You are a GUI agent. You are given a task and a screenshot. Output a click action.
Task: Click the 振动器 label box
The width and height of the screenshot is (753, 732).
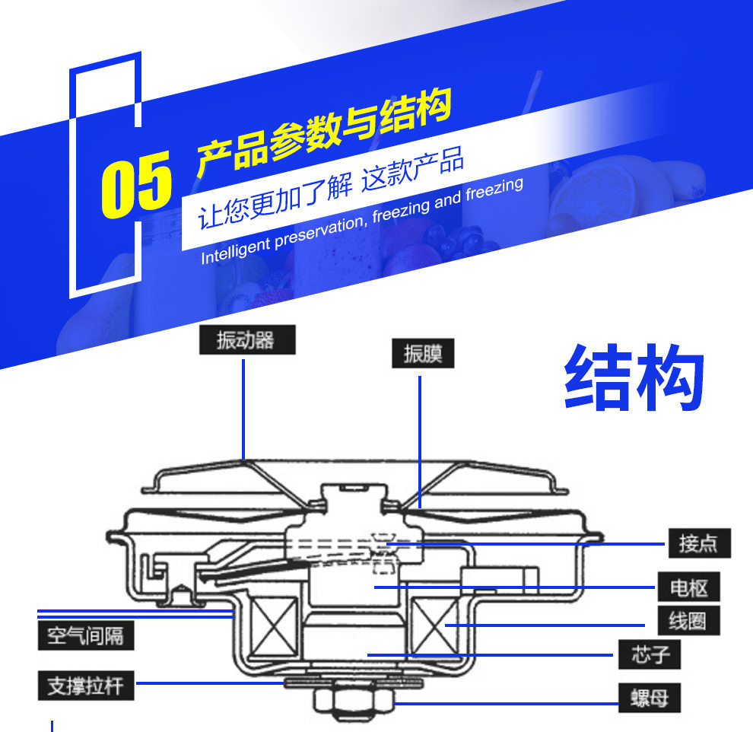pyautogui.click(x=246, y=340)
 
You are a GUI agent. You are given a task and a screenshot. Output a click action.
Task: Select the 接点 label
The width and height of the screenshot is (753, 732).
pyautogui.click(x=699, y=543)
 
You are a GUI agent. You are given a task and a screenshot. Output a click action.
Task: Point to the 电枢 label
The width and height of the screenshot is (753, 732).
pyautogui.click(x=688, y=587)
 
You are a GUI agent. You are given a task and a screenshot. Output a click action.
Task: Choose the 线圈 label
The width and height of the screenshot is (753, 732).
pyautogui.click(x=688, y=622)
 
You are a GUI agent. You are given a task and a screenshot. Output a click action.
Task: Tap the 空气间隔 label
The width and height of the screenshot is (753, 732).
pyautogui.click(x=85, y=635)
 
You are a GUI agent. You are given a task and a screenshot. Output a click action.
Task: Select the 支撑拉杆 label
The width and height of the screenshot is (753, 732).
pyautogui.click(x=85, y=686)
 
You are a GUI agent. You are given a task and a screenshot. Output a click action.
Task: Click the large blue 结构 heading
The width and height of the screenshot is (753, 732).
pyautogui.click(x=634, y=380)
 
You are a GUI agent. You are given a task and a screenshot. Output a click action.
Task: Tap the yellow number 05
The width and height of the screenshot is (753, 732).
pyautogui.click(x=137, y=183)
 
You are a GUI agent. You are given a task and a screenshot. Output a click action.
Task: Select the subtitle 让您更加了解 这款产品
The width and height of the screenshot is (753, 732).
pyautogui.click(x=331, y=190)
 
